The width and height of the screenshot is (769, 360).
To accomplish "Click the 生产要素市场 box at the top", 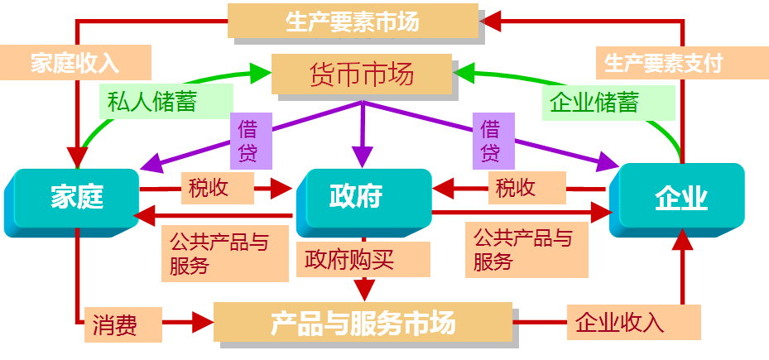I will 353,21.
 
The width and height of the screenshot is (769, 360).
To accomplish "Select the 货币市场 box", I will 361,75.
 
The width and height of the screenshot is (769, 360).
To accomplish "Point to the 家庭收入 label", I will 75,63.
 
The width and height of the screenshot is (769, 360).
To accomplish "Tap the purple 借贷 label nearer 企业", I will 491,141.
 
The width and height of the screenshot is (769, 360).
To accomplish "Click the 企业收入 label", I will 619,321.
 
